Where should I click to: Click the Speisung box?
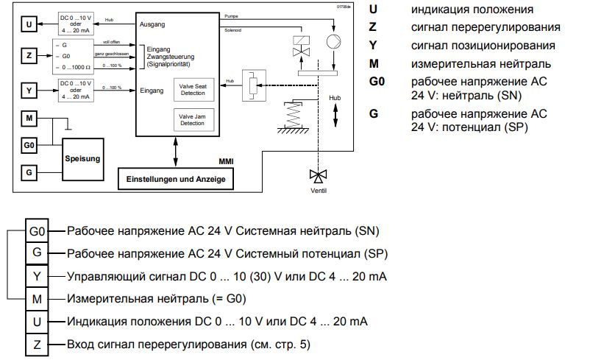coord(82,158)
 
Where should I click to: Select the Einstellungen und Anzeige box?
coord(174,179)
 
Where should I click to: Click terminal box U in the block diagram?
coord(29,25)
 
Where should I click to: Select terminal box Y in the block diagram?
coord(29,91)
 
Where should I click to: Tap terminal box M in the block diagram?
coord(29,119)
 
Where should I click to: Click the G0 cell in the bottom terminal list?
coord(37,231)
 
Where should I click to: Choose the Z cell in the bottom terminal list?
coord(37,344)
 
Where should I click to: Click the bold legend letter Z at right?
coord(374,27)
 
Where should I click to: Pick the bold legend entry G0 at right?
coord(377,82)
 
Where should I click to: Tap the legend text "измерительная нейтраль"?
coord(470,64)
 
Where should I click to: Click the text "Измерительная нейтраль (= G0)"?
coord(156,299)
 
